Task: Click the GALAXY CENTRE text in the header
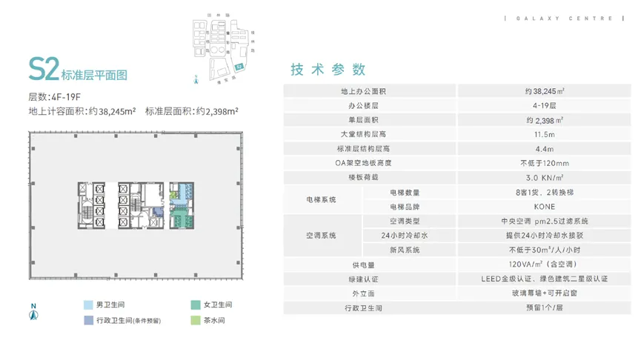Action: point(559,18)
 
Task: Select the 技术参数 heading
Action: point(328,70)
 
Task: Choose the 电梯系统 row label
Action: point(322,199)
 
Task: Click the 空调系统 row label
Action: point(322,236)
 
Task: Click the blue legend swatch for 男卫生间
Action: point(89,304)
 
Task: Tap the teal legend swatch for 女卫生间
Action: point(195,304)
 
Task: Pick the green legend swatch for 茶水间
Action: point(195,321)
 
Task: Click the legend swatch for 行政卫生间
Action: point(89,321)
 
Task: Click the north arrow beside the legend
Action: point(33,312)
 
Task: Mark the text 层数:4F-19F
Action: point(54,97)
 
